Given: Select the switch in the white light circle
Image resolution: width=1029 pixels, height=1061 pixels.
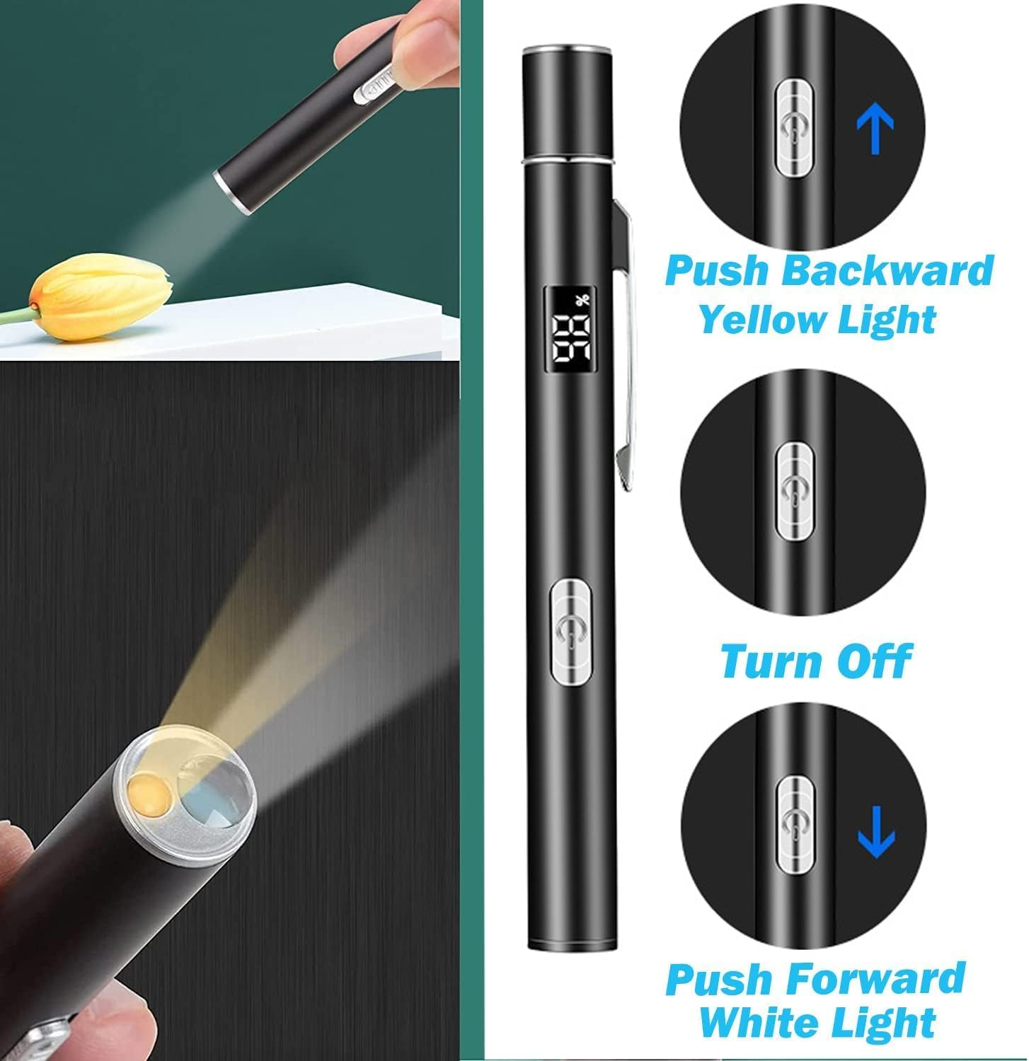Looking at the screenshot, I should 794,821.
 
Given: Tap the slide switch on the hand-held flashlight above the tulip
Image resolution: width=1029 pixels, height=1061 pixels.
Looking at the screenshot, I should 379,90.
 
